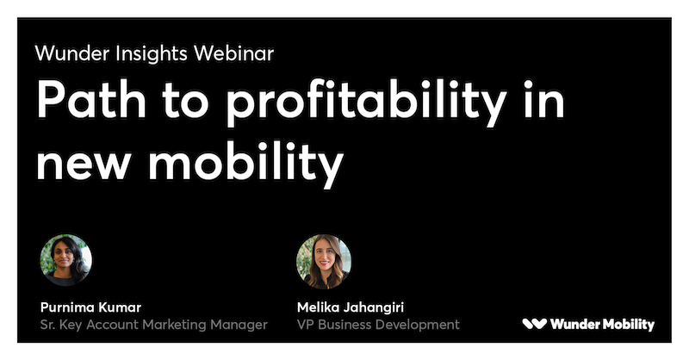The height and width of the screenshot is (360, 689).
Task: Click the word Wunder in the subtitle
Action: [x=72, y=53]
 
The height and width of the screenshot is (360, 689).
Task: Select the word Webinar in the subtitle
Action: [x=233, y=53]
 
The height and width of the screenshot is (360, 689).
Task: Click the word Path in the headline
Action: [x=91, y=99]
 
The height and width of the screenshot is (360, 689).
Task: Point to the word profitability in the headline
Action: [x=367, y=102]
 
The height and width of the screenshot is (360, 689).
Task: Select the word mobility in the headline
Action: [x=246, y=164]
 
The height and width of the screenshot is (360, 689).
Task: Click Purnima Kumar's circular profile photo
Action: [x=66, y=260]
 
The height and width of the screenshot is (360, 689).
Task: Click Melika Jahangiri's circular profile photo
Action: [x=324, y=262]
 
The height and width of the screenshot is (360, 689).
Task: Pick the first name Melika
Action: [x=317, y=307]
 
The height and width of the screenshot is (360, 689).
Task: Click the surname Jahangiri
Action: [x=373, y=308]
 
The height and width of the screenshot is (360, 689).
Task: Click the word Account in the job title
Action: [x=113, y=325]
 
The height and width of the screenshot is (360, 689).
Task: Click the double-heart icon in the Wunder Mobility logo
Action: [x=534, y=324]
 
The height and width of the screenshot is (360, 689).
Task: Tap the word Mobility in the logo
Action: [x=629, y=325]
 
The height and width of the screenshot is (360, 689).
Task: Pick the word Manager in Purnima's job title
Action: [x=239, y=326]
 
